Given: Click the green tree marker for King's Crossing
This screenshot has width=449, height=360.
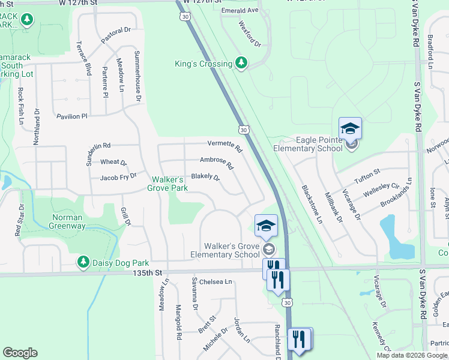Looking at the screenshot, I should [241, 63].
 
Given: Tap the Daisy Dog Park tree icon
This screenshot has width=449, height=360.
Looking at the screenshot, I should [83, 263].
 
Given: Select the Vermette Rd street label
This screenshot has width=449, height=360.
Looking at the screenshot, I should [224, 146].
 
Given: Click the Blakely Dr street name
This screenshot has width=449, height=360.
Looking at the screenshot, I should [205, 178].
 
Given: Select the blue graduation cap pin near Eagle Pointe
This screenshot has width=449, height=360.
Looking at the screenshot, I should [350, 128].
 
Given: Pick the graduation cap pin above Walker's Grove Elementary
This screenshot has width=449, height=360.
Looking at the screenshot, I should [266, 226].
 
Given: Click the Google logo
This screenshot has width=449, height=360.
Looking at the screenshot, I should [20, 353].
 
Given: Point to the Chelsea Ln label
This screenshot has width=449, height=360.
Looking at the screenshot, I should [215, 281].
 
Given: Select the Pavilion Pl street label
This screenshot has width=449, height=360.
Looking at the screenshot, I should [72, 116].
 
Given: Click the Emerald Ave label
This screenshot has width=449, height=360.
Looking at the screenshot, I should [239, 10].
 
